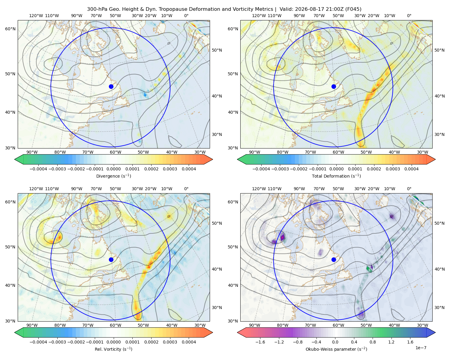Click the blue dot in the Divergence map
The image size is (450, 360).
(111, 87)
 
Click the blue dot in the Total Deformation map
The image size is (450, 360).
(334, 87)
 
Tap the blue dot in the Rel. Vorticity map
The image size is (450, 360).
(111, 259)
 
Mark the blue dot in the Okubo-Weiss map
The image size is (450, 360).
(334, 259)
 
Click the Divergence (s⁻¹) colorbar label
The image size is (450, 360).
(113, 176)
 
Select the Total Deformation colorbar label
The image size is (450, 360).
(336, 176)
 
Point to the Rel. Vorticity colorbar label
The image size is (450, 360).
(113, 349)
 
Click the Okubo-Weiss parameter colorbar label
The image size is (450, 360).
(336, 349)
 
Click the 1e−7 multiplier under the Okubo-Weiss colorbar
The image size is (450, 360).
(421, 348)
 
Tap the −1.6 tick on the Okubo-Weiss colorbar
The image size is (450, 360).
(260, 342)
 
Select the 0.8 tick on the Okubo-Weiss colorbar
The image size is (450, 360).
(373, 342)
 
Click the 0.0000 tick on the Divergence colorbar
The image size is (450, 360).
(113, 169)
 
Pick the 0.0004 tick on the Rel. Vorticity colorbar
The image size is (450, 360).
(189, 342)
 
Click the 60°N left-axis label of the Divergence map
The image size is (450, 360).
(10, 29)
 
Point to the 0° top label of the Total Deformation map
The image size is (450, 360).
(409, 16)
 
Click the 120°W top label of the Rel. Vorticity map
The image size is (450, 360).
(36, 189)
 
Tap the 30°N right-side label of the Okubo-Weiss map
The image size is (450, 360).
(439, 307)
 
